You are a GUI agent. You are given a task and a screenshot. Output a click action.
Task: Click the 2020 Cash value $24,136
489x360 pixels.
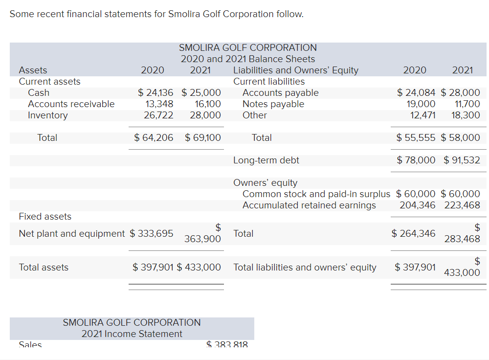(x=156, y=93)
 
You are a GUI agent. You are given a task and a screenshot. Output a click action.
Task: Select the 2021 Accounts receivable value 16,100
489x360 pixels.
(x=208, y=104)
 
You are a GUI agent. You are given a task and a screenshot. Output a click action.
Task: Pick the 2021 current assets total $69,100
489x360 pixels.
(x=203, y=138)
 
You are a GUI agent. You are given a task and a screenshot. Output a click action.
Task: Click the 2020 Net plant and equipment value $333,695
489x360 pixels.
(x=152, y=234)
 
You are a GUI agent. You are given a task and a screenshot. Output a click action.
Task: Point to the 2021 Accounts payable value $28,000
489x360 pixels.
(x=461, y=93)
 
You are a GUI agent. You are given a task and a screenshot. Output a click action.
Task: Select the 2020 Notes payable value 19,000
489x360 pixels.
(x=421, y=104)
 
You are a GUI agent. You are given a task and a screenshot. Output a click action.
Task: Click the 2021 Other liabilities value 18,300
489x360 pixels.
(x=466, y=115)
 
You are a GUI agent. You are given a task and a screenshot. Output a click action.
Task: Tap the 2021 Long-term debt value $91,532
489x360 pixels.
(x=462, y=160)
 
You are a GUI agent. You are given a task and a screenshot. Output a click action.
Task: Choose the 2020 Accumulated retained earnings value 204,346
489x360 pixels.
(x=418, y=205)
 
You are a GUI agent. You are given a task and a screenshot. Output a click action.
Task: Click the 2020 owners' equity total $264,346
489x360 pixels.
(x=414, y=234)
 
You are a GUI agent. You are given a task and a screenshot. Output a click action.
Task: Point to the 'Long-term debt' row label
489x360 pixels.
(x=266, y=160)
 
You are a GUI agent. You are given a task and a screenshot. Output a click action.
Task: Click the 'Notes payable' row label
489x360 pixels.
(x=273, y=104)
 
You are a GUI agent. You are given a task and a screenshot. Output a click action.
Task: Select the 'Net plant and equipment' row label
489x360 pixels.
(x=72, y=234)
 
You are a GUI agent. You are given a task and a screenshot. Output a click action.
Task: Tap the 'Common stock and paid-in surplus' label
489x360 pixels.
(x=317, y=194)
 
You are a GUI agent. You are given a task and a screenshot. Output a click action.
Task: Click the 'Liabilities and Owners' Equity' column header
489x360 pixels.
(x=296, y=70)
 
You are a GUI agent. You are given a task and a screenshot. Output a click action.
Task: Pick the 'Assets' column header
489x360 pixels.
(x=33, y=70)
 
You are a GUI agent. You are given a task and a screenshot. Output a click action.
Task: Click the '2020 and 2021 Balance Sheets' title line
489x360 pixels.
(x=248, y=59)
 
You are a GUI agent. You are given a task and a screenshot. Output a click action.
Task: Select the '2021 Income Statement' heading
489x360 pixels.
(x=132, y=334)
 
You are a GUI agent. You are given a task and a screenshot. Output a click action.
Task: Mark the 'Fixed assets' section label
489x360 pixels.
(x=45, y=217)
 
